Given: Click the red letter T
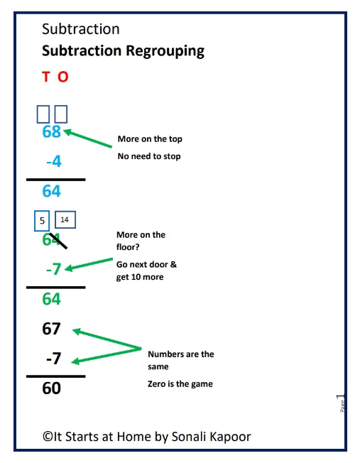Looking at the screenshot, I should pyautogui.click(x=46, y=77).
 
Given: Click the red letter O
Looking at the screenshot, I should pyautogui.click(x=62, y=77).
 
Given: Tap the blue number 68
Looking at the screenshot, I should pyautogui.click(x=52, y=131).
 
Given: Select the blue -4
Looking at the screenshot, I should pyautogui.click(x=54, y=161).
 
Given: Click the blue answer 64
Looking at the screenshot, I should pyautogui.click(x=52, y=190).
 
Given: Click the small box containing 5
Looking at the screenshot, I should pyautogui.click(x=42, y=221).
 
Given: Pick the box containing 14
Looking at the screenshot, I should pyautogui.click(x=65, y=220).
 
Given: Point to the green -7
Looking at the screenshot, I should pyautogui.click(x=53, y=270).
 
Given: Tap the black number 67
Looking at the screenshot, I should pyautogui.click(x=52, y=329).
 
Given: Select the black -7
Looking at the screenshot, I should pyautogui.click(x=53, y=359).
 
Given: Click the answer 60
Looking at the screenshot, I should pyautogui.click(x=52, y=388).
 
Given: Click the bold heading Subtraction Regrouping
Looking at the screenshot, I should pyautogui.click(x=123, y=51).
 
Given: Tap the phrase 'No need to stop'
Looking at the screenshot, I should pyautogui.click(x=149, y=156).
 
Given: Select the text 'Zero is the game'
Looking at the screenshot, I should pyautogui.click(x=180, y=384).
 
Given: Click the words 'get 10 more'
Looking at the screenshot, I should pyautogui.click(x=140, y=277).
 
